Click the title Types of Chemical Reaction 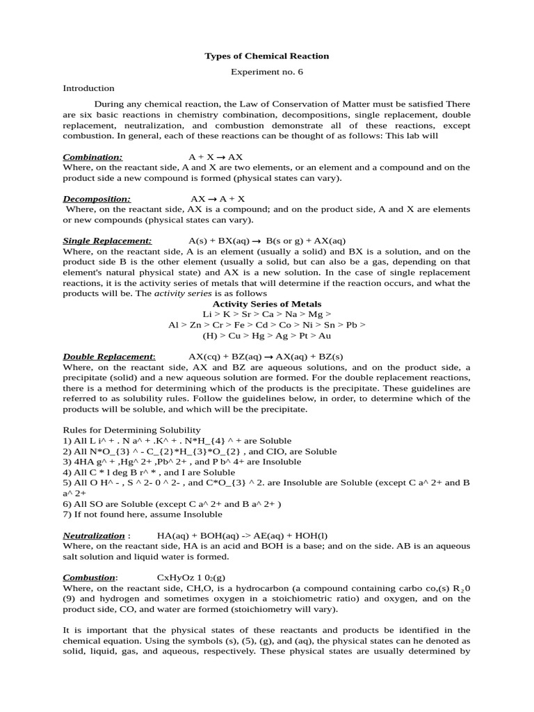coord(266,56)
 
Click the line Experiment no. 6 coord(266,72)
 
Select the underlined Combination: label coord(92,157)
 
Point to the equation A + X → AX coord(216,157)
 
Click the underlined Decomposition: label coord(97,199)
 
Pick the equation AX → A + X coord(218,199)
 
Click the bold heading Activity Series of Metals coord(266,304)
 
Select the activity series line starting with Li coord(266,314)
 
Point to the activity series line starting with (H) coord(266,335)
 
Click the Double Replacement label coord(109,356)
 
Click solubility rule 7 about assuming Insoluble coord(143,514)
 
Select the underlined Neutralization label coord(94,536)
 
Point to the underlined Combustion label coord(90,578)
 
